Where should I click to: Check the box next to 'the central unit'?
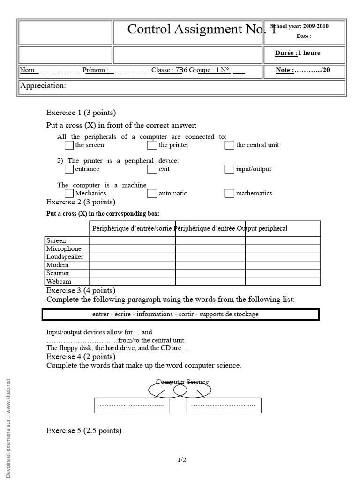229,145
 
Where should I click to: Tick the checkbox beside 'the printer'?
151,145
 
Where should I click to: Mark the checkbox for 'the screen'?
69,145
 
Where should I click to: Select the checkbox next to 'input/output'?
229,169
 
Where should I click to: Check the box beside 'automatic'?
151,193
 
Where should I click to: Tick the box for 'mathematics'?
229,193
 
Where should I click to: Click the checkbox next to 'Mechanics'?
69,193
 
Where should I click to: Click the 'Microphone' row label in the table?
64,249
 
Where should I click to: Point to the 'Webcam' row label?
59,282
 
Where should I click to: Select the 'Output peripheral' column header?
262,228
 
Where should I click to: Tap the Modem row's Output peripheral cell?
283,265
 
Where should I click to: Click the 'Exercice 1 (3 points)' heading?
81,112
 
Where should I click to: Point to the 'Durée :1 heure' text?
298,53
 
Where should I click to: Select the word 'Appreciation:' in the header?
43,86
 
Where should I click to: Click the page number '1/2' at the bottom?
182,460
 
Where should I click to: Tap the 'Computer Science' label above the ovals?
182,382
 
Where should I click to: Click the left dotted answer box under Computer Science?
131,405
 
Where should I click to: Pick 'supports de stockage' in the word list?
229,314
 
